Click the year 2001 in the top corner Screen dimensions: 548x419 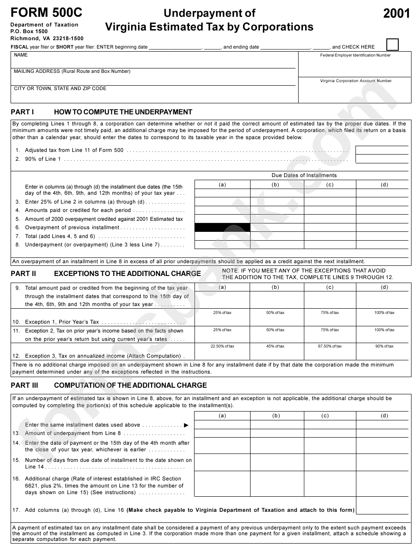[x=396, y=14]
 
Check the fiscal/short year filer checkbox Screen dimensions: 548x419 [x=392, y=45]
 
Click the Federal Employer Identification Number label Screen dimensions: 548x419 [x=355, y=55]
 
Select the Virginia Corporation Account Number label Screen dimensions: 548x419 [x=355, y=81]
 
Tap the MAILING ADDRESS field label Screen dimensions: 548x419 [x=72, y=71]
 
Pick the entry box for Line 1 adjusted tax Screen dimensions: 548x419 [x=382, y=150]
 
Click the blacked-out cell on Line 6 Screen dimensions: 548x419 [x=222, y=227]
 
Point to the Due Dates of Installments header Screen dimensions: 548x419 [x=304, y=175]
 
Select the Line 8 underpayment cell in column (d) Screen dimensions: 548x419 [x=382, y=244]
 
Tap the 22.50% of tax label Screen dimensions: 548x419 [x=222, y=346]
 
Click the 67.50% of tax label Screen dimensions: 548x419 [x=330, y=346]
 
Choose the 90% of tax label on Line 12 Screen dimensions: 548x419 [x=384, y=346]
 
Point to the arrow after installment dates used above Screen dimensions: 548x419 [x=186, y=425]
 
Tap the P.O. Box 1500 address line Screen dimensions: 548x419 [x=29, y=32]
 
